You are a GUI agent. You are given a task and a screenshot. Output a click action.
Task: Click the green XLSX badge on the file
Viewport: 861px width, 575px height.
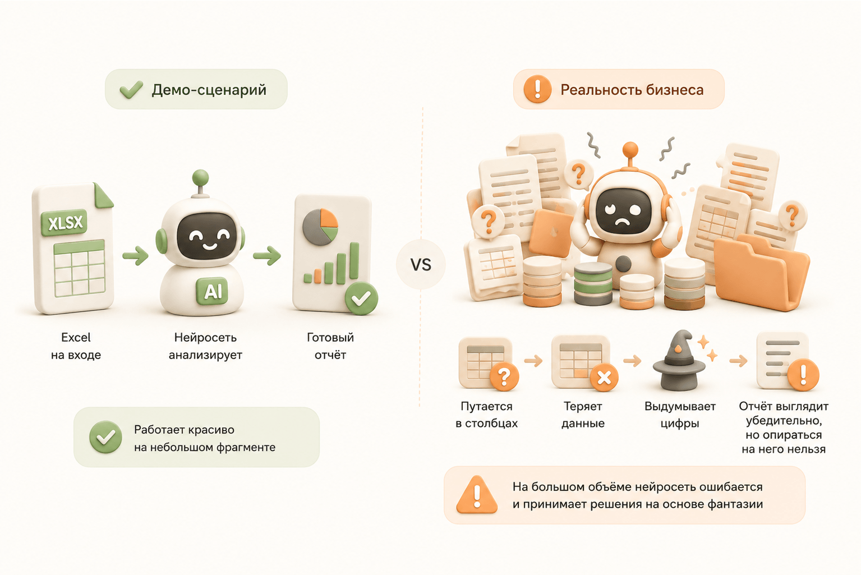[64, 222]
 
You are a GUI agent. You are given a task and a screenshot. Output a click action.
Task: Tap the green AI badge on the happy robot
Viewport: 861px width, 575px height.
[212, 291]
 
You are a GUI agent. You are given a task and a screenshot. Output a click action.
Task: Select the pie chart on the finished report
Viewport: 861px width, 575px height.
[320, 227]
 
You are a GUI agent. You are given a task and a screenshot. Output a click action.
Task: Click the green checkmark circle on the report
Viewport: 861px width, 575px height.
[361, 298]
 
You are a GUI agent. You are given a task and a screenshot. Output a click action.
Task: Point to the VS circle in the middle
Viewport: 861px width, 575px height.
[421, 264]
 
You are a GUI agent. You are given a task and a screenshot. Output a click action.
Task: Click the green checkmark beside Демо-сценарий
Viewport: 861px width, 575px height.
[131, 90]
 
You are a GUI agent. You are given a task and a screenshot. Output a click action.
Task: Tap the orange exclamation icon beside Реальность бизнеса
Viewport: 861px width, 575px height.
[537, 89]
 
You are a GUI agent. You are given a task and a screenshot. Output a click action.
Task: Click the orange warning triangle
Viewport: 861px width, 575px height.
[477, 495]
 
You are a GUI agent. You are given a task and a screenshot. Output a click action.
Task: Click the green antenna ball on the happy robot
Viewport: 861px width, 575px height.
[200, 178]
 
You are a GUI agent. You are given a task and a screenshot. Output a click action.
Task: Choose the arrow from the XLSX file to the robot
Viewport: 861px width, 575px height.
[135, 255]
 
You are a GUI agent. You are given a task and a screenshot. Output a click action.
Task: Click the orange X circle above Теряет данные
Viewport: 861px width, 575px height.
[604, 378]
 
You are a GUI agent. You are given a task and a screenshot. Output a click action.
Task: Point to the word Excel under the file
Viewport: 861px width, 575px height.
[76, 338]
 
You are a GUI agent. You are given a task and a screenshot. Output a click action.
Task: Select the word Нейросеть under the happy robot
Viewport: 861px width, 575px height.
[205, 338]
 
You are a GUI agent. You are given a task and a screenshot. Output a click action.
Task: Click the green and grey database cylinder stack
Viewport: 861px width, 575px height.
[593, 284]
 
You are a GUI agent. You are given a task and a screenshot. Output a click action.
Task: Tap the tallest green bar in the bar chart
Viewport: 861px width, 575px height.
[354, 261]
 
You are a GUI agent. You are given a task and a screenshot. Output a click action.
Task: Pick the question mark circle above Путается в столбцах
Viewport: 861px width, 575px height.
[504, 376]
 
